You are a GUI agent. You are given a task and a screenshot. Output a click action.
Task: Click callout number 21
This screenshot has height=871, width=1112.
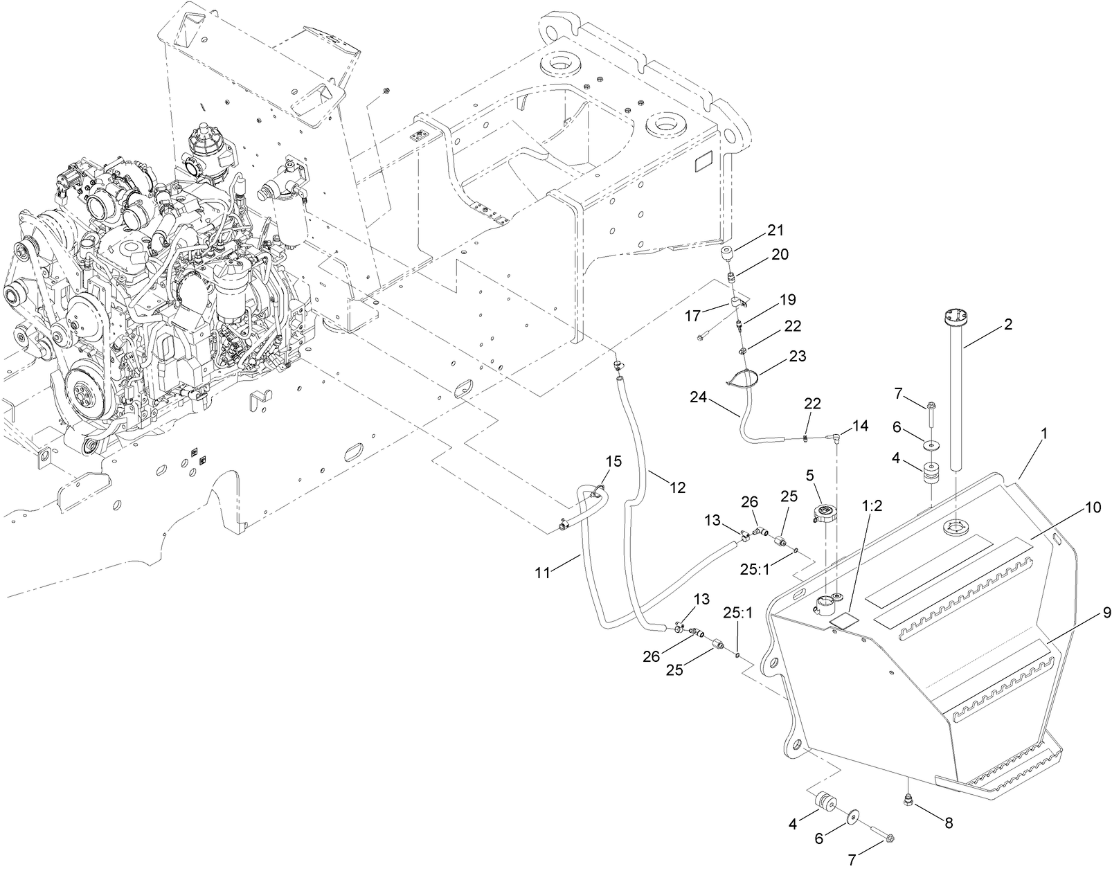point(774,229)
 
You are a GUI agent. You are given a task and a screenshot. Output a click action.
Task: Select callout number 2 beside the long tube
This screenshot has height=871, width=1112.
point(1008,323)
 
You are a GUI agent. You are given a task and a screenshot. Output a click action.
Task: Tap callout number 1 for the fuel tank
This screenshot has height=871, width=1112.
point(1044,433)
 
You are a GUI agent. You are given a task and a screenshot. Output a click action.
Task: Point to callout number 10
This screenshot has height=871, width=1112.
point(1093,508)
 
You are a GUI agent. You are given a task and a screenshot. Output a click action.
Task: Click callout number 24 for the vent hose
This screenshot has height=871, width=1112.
point(698,397)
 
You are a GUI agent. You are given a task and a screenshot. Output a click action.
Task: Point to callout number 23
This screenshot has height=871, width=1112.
point(797,357)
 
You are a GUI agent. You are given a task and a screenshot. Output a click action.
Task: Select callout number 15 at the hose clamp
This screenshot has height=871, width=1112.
point(613,460)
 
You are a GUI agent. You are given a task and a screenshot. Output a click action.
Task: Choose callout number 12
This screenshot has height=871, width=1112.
point(677,487)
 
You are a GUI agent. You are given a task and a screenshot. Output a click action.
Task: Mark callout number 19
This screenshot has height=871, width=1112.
point(787,300)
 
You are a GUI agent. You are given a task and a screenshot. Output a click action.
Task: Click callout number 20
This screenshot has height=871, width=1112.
point(780,255)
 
